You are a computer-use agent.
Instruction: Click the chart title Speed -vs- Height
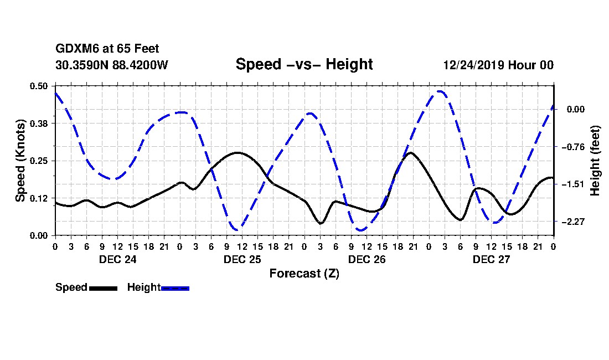304,64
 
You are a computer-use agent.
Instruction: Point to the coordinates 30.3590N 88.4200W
112,65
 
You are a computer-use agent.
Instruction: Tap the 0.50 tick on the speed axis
39,86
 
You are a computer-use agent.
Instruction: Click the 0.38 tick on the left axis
39,123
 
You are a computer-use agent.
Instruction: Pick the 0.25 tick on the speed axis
39,161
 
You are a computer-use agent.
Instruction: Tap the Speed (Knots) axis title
20,160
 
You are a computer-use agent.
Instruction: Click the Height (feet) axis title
596,161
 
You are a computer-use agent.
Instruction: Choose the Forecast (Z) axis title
304,273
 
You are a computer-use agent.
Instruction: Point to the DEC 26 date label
366,259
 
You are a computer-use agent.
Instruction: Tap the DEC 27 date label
491,259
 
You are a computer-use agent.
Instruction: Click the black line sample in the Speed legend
103,288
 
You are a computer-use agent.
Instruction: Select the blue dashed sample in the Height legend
175,288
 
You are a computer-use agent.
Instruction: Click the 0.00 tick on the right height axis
575,109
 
